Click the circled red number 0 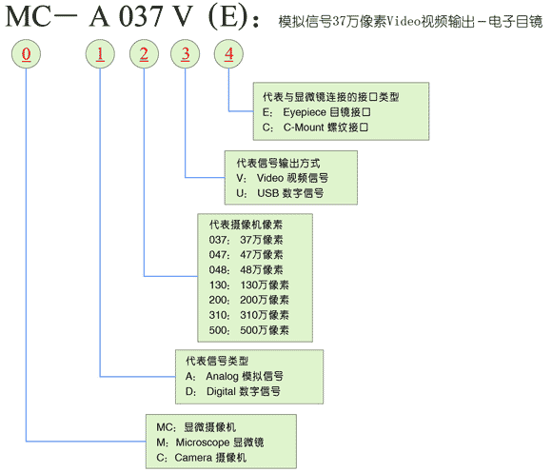tap(26, 54)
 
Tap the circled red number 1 tap(100, 54)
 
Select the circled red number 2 tap(144, 54)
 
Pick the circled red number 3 tap(186, 54)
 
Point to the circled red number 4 tap(228, 54)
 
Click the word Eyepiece tap(305, 112)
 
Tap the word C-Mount tap(304, 128)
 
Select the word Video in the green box tap(270, 178)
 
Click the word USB tap(268, 193)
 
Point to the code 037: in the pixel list tap(219, 240)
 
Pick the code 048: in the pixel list tap(219, 270)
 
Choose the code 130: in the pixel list tap(219, 285)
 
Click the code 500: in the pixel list tap(219, 330)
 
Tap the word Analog tap(222, 377)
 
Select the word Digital tap(221, 391)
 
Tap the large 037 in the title tap(141, 16)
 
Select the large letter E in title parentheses tap(228, 16)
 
